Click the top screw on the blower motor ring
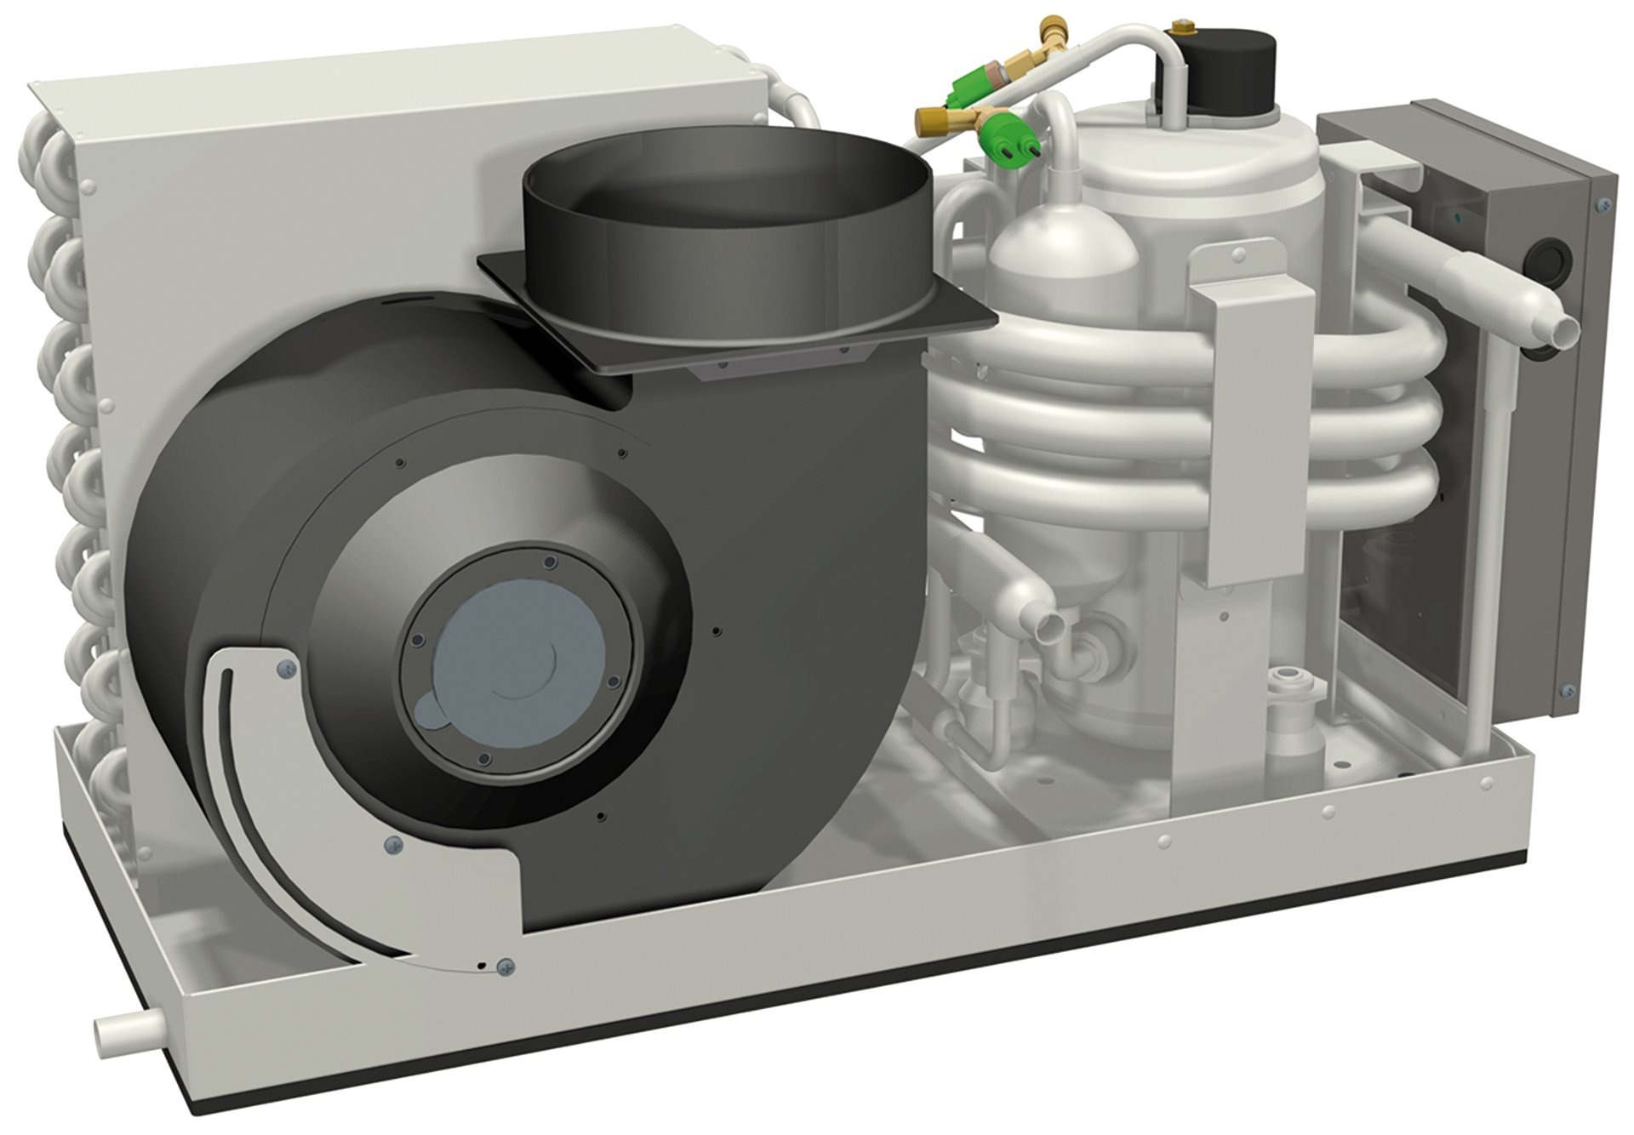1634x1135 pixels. (548, 562)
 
